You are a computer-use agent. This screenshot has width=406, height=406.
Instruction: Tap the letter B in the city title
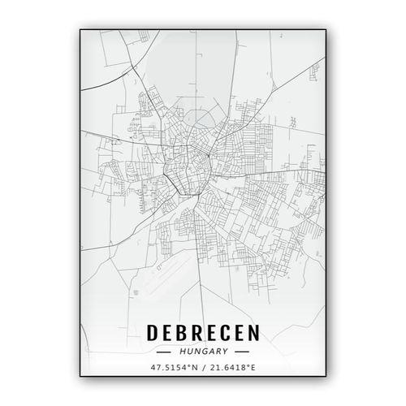(x=185, y=334)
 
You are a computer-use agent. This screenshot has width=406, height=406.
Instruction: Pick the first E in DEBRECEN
(x=171, y=334)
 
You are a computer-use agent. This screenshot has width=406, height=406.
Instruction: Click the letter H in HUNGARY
(x=185, y=352)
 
